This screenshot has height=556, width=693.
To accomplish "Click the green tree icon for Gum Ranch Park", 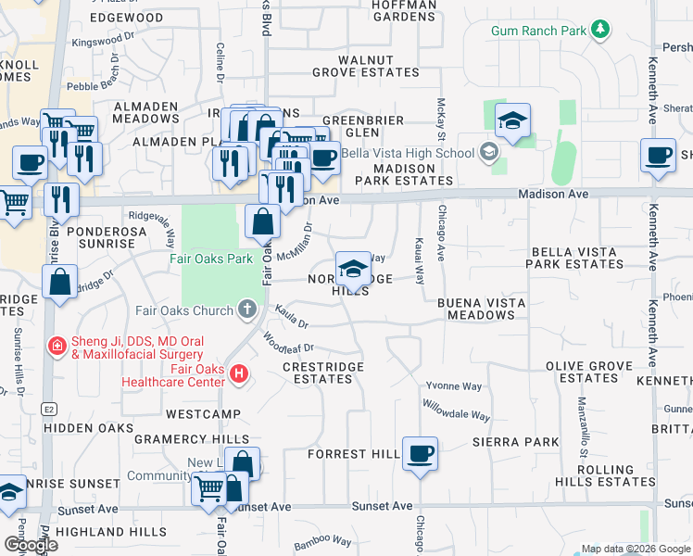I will pyautogui.click(x=600, y=31).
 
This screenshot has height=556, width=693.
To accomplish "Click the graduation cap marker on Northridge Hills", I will pyautogui.click(x=353, y=269).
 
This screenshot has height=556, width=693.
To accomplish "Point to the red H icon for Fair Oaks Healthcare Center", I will pyautogui.click(x=239, y=373).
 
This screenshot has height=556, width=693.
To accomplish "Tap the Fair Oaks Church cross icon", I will pyautogui.click(x=246, y=309).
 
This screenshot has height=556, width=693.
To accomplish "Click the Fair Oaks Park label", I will pyautogui.click(x=211, y=259).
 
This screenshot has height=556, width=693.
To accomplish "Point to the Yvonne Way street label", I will pyautogui.click(x=453, y=385).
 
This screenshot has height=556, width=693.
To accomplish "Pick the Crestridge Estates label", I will pyautogui.click(x=323, y=373).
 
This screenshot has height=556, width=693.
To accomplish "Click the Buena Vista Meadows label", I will pyautogui.click(x=473, y=309).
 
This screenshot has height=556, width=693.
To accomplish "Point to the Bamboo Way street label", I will pyautogui.click(x=322, y=540).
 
